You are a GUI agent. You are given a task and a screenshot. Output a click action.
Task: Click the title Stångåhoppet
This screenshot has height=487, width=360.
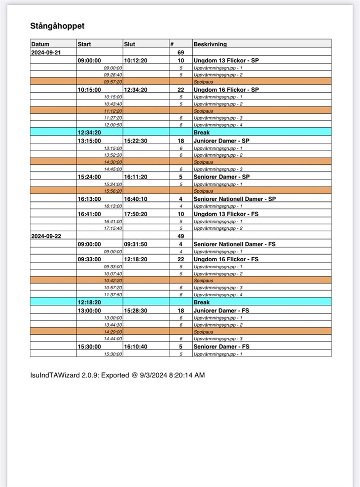(57, 26)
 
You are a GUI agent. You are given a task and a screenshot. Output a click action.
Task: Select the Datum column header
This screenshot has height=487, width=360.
(41, 44)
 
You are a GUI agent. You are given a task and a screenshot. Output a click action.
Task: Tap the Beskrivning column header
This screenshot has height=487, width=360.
(210, 44)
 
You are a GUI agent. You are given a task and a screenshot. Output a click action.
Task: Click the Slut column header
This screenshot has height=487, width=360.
(130, 44)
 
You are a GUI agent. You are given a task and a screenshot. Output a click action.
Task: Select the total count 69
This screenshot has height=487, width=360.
(181, 52)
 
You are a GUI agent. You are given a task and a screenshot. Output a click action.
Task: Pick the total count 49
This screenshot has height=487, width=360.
(181, 236)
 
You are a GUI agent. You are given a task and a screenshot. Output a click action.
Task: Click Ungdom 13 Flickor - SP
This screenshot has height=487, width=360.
(226, 60)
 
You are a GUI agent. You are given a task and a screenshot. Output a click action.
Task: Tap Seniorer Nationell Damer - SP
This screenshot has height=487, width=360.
(235, 199)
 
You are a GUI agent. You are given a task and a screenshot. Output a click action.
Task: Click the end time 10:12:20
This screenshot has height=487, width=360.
(135, 60)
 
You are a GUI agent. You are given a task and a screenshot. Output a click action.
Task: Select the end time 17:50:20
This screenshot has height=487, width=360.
(135, 214)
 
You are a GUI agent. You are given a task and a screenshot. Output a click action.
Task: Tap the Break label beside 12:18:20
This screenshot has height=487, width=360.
(201, 302)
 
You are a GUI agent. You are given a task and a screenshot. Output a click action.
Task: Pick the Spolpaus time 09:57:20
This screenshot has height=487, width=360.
(113, 82)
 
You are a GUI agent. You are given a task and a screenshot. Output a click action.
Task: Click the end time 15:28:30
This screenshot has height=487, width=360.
(135, 310)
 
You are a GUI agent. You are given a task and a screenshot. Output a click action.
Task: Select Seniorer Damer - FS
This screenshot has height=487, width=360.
(221, 346)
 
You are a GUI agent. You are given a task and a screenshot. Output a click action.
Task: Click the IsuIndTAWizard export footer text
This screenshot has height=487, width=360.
(118, 375)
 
